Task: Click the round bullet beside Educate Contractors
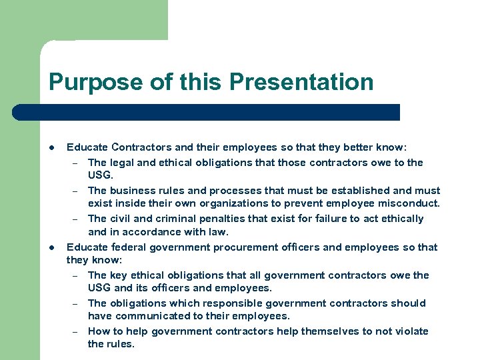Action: click(x=52, y=147)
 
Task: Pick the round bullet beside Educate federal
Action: click(x=52, y=247)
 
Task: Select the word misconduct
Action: click(x=411, y=203)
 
